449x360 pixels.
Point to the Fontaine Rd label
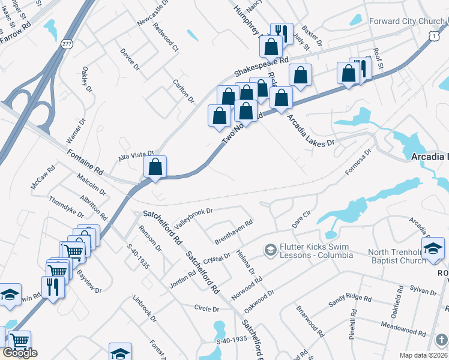(x=85, y=162)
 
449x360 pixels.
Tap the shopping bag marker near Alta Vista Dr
(x=155, y=168)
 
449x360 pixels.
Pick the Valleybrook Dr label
(x=193, y=218)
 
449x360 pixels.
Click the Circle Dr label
(x=206, y=308)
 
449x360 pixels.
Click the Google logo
(x=20, y=353)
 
